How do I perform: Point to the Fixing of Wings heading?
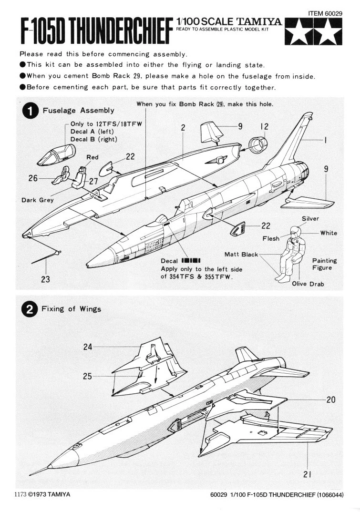71,309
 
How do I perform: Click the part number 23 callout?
45,279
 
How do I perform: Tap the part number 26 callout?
33,179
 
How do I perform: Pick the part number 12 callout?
264,126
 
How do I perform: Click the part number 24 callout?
88,347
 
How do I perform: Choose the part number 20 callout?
331,399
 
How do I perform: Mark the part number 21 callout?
308,473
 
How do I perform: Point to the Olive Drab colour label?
308,284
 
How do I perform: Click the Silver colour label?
310,219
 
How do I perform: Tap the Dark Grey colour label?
38,200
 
